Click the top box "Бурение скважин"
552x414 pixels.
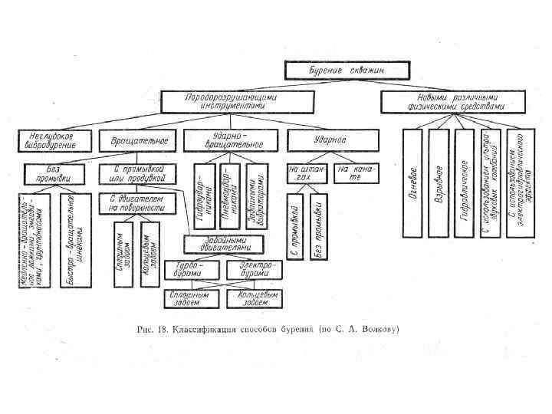345,71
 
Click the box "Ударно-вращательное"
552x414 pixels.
228,141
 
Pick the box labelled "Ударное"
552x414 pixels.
332,141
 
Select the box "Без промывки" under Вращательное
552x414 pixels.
54,173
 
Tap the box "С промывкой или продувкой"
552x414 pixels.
139,173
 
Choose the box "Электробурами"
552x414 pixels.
254,270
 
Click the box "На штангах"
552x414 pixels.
307,173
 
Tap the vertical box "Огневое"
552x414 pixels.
412,183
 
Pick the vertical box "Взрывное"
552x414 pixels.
439,183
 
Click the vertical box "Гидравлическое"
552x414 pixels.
465,183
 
